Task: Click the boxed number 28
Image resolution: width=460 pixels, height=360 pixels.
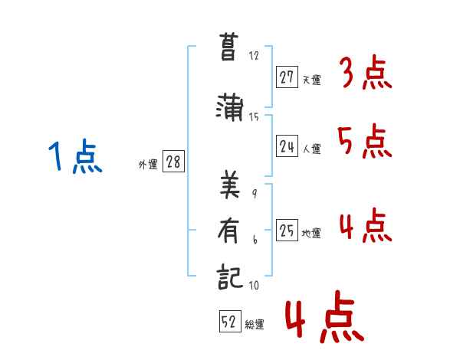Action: (x=174, y=162)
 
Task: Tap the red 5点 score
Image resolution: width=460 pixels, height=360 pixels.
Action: (x=365, y=142)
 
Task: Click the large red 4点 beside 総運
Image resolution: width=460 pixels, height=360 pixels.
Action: (x=324, y=319)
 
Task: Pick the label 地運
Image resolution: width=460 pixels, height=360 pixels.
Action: (x=311, y=234)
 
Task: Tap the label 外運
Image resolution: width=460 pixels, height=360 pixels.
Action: (x=148, y=164)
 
